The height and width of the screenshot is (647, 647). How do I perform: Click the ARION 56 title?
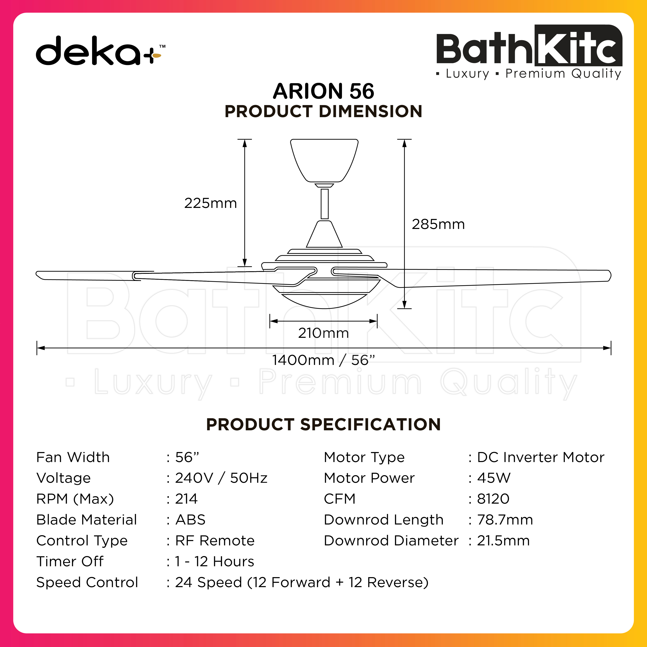[x=323, y=91]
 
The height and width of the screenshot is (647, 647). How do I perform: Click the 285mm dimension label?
[x=438, y=224]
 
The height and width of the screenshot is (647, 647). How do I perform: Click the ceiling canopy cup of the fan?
[x=324, y=160]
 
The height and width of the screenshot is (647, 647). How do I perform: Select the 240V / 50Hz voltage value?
[x=221, y=478]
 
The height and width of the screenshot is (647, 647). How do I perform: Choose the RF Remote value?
[x=215, y=541]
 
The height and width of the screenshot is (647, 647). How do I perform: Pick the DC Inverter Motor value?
[x=541, y=457]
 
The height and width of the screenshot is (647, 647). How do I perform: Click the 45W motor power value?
[x=494, y=478]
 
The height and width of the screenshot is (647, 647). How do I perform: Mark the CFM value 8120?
[x=493, y=499]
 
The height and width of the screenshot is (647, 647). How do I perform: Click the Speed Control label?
[x=87, y=582]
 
